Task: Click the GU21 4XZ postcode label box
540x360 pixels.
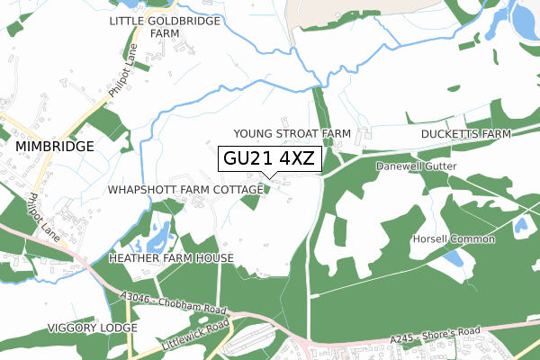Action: pyautogui.click(x=269, y=159)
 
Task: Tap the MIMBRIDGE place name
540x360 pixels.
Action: pyautogui.click(x=54, y=146)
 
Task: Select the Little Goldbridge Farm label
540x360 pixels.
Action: pyautogui.click(x=165, y=26)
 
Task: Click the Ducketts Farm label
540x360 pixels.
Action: pyautogui.click(x=465, y=134)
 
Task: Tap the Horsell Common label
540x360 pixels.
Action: pyautogui.click(x=454, y=238)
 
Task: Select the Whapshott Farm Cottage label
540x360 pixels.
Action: pyautogui.click(x=184, y=191)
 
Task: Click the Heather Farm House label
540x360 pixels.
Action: pyautogui.click(x=171, y=258)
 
